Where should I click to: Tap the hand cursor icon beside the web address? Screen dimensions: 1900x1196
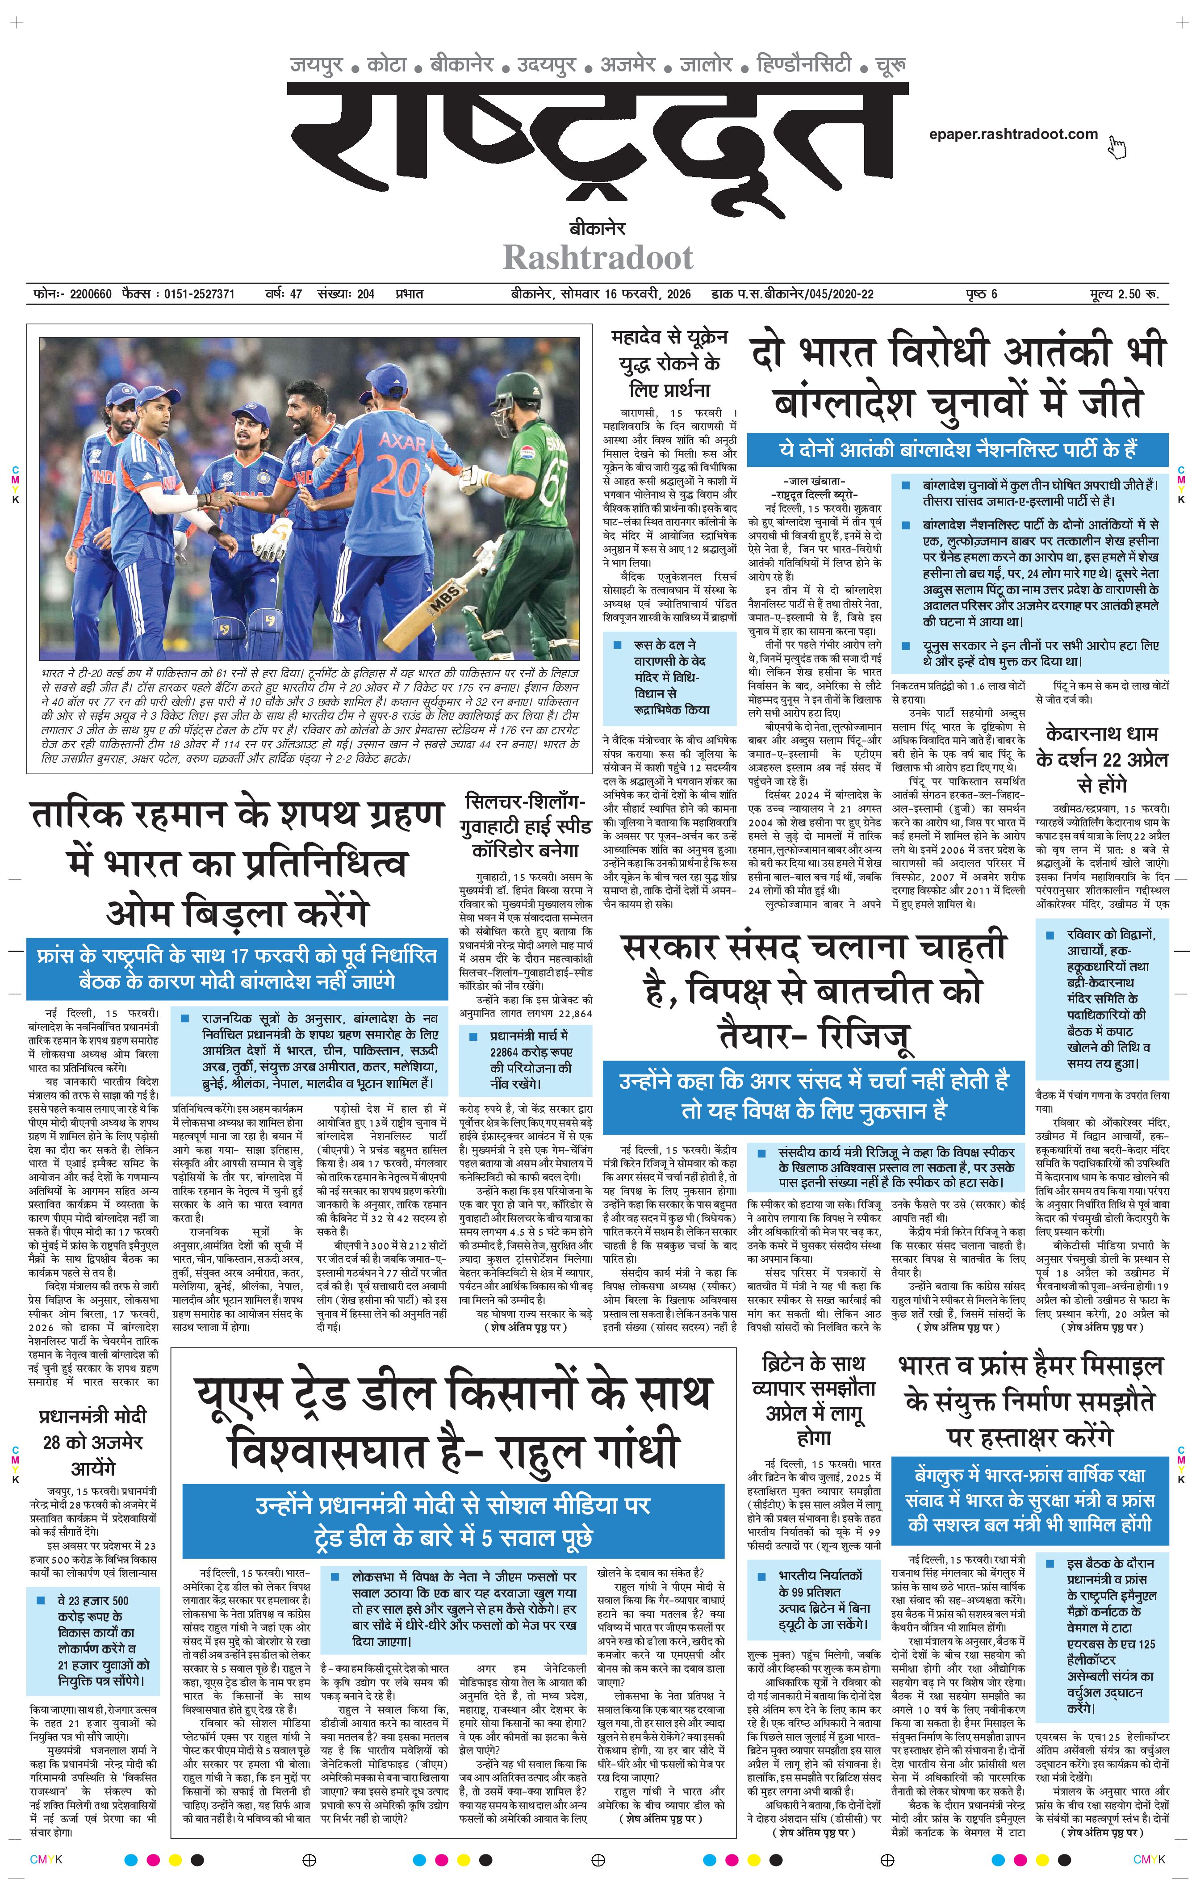1117,146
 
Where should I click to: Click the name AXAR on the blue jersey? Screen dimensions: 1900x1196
402,441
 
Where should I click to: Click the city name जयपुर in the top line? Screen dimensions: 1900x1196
316,65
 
